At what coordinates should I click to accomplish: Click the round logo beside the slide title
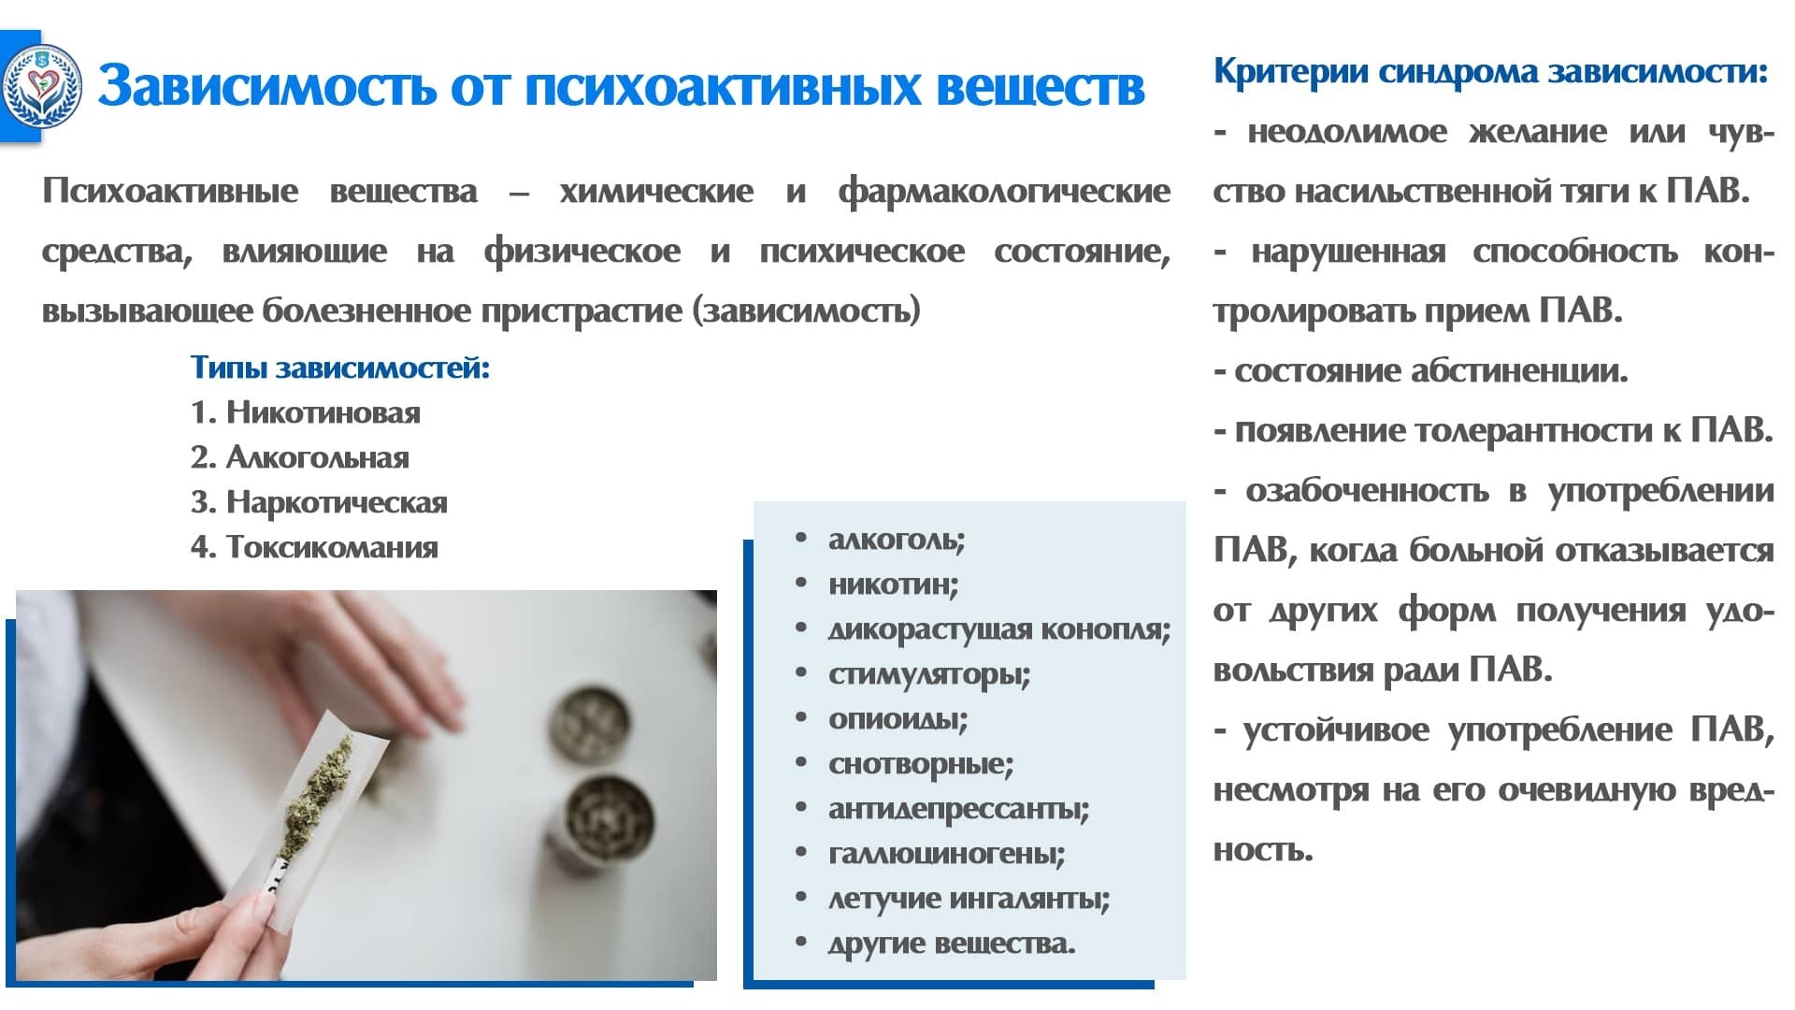pyautogui.click(x=41, y=87)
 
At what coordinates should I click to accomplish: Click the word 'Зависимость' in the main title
pyautogui.click(x=267, y=86)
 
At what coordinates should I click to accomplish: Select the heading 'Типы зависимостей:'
pyautogui.click(x=340, y=368)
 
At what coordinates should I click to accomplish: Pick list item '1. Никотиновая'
pyautogui.click(x=306, y=412)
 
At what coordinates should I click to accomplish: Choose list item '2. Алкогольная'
pyautogui.click(x=300, y=457)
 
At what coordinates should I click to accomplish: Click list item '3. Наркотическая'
pyautogui.click(x=319, y=502)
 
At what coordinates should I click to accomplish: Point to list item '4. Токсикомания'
pyautogui.click(x=314, y=547)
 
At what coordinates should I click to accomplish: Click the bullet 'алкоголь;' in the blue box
pyautogui.click(x=897, y=540)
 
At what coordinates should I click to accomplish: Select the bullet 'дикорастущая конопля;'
pyautogui.click(x=999, y=629)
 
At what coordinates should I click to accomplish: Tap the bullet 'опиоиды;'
pyautogui.click(x=897, y=719)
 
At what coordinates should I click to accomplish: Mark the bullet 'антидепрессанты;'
pyautogui.click(x=958, y=809)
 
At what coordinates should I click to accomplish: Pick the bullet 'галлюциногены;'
pyautogui.click(x=946, y=854)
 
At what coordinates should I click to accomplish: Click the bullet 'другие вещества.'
pyautogui.click(x=952, y=944)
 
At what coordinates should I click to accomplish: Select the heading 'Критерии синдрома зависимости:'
pyautogui.click(x=1490, y=71)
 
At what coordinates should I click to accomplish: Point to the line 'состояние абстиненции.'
pyautogui.click(x=1431, y=371)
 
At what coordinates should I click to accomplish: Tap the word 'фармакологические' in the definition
pyautogui.click(x=1004, y=192)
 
